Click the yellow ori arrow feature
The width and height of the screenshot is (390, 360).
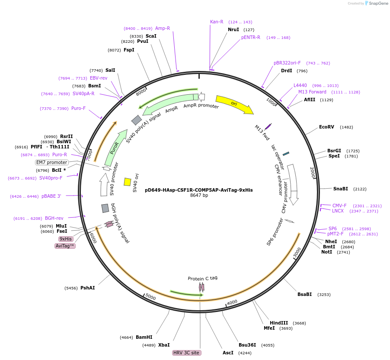234,104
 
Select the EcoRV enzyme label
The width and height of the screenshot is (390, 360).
326,127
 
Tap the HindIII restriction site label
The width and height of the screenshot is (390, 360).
279,323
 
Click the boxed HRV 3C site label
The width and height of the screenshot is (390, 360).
186,353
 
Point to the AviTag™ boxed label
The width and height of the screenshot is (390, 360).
65,246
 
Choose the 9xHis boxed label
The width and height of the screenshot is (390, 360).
66,239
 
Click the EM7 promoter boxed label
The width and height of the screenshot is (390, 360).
51,163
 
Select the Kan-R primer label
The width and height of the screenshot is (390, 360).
217,22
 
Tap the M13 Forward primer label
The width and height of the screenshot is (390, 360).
312,92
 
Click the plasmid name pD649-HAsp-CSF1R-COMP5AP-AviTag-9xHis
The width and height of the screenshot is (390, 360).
199,190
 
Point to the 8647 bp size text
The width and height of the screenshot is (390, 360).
199,196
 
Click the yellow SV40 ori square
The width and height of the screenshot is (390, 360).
128,182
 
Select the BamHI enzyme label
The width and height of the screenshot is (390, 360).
144,337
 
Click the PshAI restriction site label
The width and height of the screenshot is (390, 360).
88,288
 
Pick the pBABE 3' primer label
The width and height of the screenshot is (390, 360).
51,196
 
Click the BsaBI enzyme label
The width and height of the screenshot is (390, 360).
304,294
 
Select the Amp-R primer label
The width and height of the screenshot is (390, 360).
163,28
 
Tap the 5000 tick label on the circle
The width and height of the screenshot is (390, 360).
150,297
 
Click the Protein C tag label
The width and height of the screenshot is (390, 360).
202,278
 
